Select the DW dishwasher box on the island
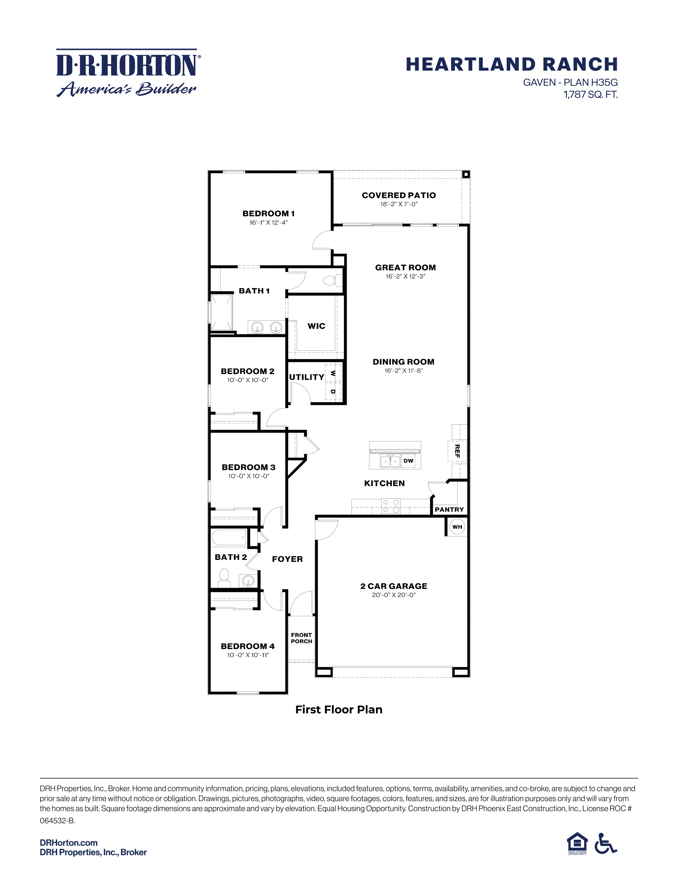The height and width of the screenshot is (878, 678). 408,461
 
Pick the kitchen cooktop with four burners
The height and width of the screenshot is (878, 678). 390,506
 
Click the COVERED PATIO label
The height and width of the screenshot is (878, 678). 399,195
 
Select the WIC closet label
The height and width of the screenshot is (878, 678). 316,326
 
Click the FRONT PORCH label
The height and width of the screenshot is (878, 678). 301,638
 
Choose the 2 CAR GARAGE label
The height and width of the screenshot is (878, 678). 394,586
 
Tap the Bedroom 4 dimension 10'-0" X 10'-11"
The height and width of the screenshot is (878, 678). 248,655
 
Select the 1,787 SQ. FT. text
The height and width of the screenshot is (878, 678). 591,95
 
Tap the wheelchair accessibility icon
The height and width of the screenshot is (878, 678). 605,843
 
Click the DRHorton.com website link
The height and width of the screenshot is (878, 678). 69,843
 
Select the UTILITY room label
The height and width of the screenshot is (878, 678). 307,377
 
